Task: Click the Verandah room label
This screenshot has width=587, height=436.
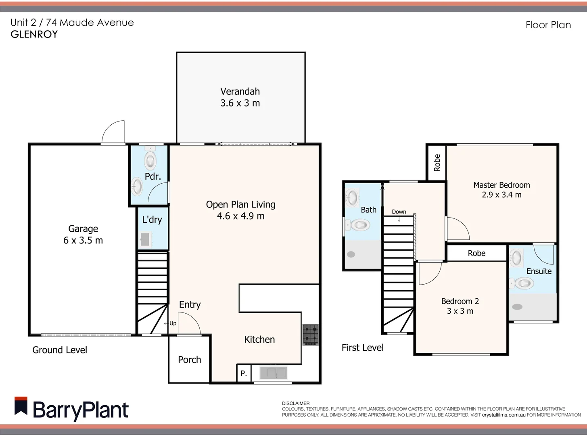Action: point(240,92)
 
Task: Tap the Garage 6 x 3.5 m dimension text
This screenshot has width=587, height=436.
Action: point(83,241)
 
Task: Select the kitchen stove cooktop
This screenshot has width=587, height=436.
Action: point(311,334)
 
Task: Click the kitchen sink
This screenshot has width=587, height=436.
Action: point(273,373)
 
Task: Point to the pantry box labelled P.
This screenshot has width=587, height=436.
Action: point(244,373)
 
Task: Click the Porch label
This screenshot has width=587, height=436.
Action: point(189,360)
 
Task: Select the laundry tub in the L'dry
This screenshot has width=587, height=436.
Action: point(145,239)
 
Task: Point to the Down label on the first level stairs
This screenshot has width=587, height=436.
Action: point(399,212)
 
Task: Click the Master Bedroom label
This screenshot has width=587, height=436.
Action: point(501,185)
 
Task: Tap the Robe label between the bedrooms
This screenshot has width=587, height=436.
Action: point(476,254)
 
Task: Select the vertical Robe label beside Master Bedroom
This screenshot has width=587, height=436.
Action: point(437,163)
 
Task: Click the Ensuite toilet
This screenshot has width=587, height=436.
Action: point(523,283)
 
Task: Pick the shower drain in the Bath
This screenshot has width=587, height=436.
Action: point(351,254)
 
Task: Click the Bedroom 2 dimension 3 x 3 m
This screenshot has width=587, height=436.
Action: point(460,311)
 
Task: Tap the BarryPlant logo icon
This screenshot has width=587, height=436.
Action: point(21,406)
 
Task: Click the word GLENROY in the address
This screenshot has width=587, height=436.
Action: point(34,34)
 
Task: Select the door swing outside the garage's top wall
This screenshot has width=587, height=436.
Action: point(114,132)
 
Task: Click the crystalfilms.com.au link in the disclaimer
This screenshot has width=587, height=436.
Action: point(503,415)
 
